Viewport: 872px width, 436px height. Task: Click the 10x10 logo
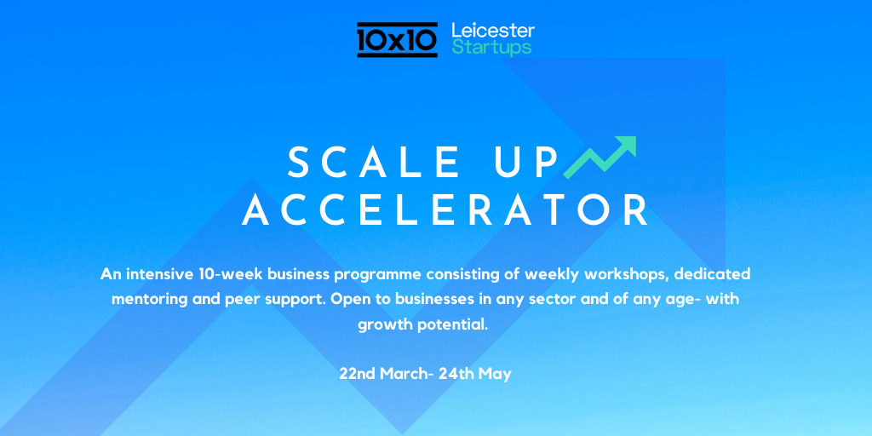[x=397, y=39]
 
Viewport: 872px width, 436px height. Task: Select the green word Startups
[x=491, y=48]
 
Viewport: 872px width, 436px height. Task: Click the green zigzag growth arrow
[x=599, y=158]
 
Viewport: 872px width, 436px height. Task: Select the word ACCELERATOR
[x=445, y=209]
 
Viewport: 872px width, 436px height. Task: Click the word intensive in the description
[x=158, y=274]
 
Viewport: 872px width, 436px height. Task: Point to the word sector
[x=559, y=300]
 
